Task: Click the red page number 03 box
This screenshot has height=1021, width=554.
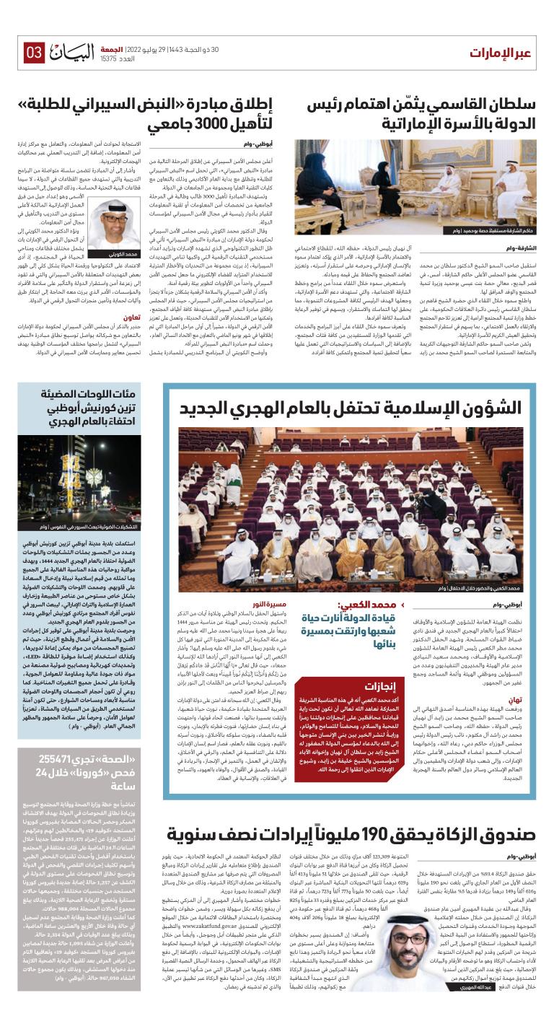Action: (x=34, y=52)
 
